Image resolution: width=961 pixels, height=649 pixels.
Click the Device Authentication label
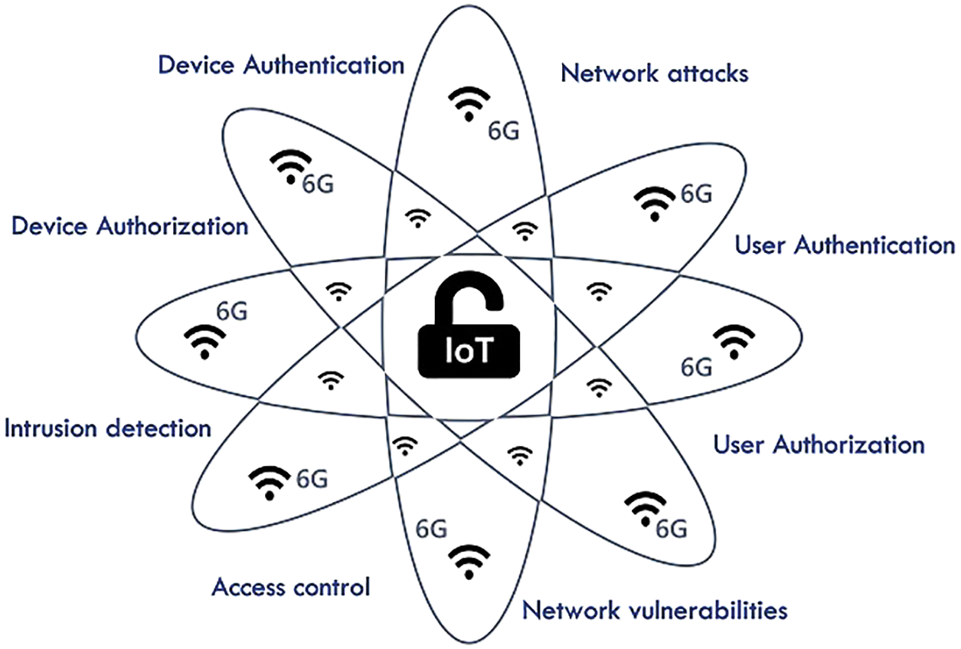coord(280,65)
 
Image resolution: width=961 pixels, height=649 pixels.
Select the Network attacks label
coord(654,74)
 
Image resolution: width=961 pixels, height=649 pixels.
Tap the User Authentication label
coord(845,245)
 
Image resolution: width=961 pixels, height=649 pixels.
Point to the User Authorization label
coord(819,444)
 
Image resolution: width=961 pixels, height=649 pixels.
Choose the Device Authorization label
coord(130,226)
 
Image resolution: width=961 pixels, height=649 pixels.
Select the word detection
coord(159,428)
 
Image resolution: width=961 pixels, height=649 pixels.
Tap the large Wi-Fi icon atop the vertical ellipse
coord(469,103)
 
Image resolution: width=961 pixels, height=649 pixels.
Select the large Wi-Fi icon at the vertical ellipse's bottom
coord(467,562)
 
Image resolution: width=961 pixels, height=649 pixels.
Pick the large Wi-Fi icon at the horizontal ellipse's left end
coord(204,343)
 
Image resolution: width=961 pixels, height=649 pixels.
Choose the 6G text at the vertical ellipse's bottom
coord(431,528)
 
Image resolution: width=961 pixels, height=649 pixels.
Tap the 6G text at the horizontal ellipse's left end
coord(232,312)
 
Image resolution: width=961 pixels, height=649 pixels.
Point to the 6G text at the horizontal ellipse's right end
coord(697,367)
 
